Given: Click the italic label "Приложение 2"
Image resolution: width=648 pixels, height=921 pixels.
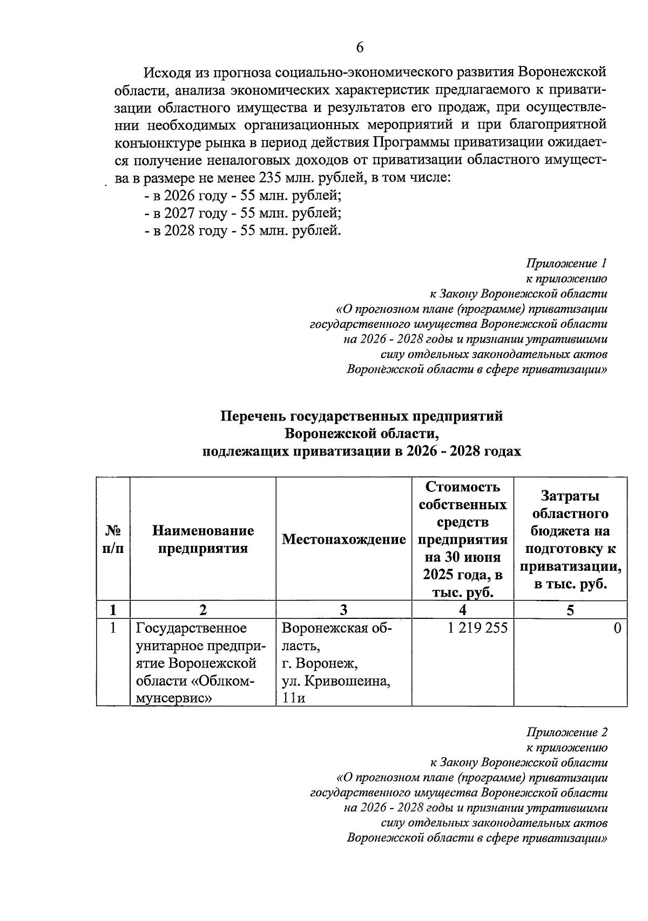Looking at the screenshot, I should click(566, 732).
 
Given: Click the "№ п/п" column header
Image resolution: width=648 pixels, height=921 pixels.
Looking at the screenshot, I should click(113, 539).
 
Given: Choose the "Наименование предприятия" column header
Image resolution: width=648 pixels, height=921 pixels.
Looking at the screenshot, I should click(202, 539).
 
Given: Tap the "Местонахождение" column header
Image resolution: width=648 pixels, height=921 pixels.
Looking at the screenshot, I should click(343, 539).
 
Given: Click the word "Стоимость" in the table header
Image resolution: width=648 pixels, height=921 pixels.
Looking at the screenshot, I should click(463, 487).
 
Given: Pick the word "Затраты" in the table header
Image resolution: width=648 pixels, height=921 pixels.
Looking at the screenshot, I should click(570, 496).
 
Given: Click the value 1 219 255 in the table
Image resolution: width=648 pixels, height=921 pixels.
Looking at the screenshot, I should click(477, 628).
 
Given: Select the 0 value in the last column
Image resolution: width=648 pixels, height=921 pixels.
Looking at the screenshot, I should click(617, 628).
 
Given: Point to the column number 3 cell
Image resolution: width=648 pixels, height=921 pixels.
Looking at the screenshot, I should click(343, 610).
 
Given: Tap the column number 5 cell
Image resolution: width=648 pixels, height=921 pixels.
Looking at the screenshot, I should click(570, 610).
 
